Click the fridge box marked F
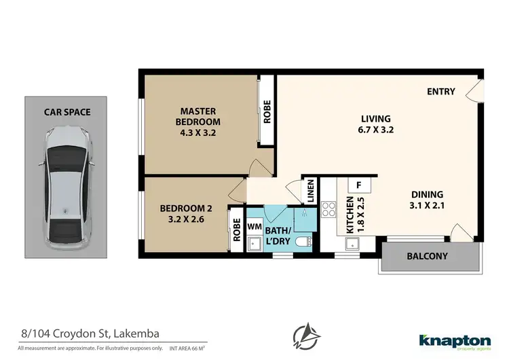pyautogui.click(x=358, y=185)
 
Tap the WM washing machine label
pyautogui.click(x=255, y=226)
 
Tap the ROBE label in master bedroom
pyautogui.click(x=267, y=111)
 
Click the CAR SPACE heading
pyautogui.click(x=67, y=112)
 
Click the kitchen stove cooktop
pyautogui.click(x=328, y=209)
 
